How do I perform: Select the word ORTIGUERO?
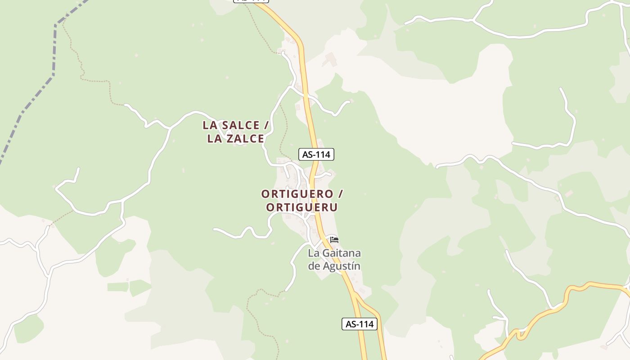(297, 194)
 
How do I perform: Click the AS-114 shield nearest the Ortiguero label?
(316, 154)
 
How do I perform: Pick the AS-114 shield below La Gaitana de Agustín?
(359, 324)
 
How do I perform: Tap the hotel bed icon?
(334, 239)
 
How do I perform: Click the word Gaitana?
(341, 253)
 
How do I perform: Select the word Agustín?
(340, 266)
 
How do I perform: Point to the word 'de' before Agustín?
(313, 266)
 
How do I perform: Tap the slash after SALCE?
(266, 125)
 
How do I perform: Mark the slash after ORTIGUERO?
(341, 194)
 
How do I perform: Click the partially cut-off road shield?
(251, 1)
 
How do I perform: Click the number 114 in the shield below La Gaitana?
(366, 324)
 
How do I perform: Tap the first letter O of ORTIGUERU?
(270, 207)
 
